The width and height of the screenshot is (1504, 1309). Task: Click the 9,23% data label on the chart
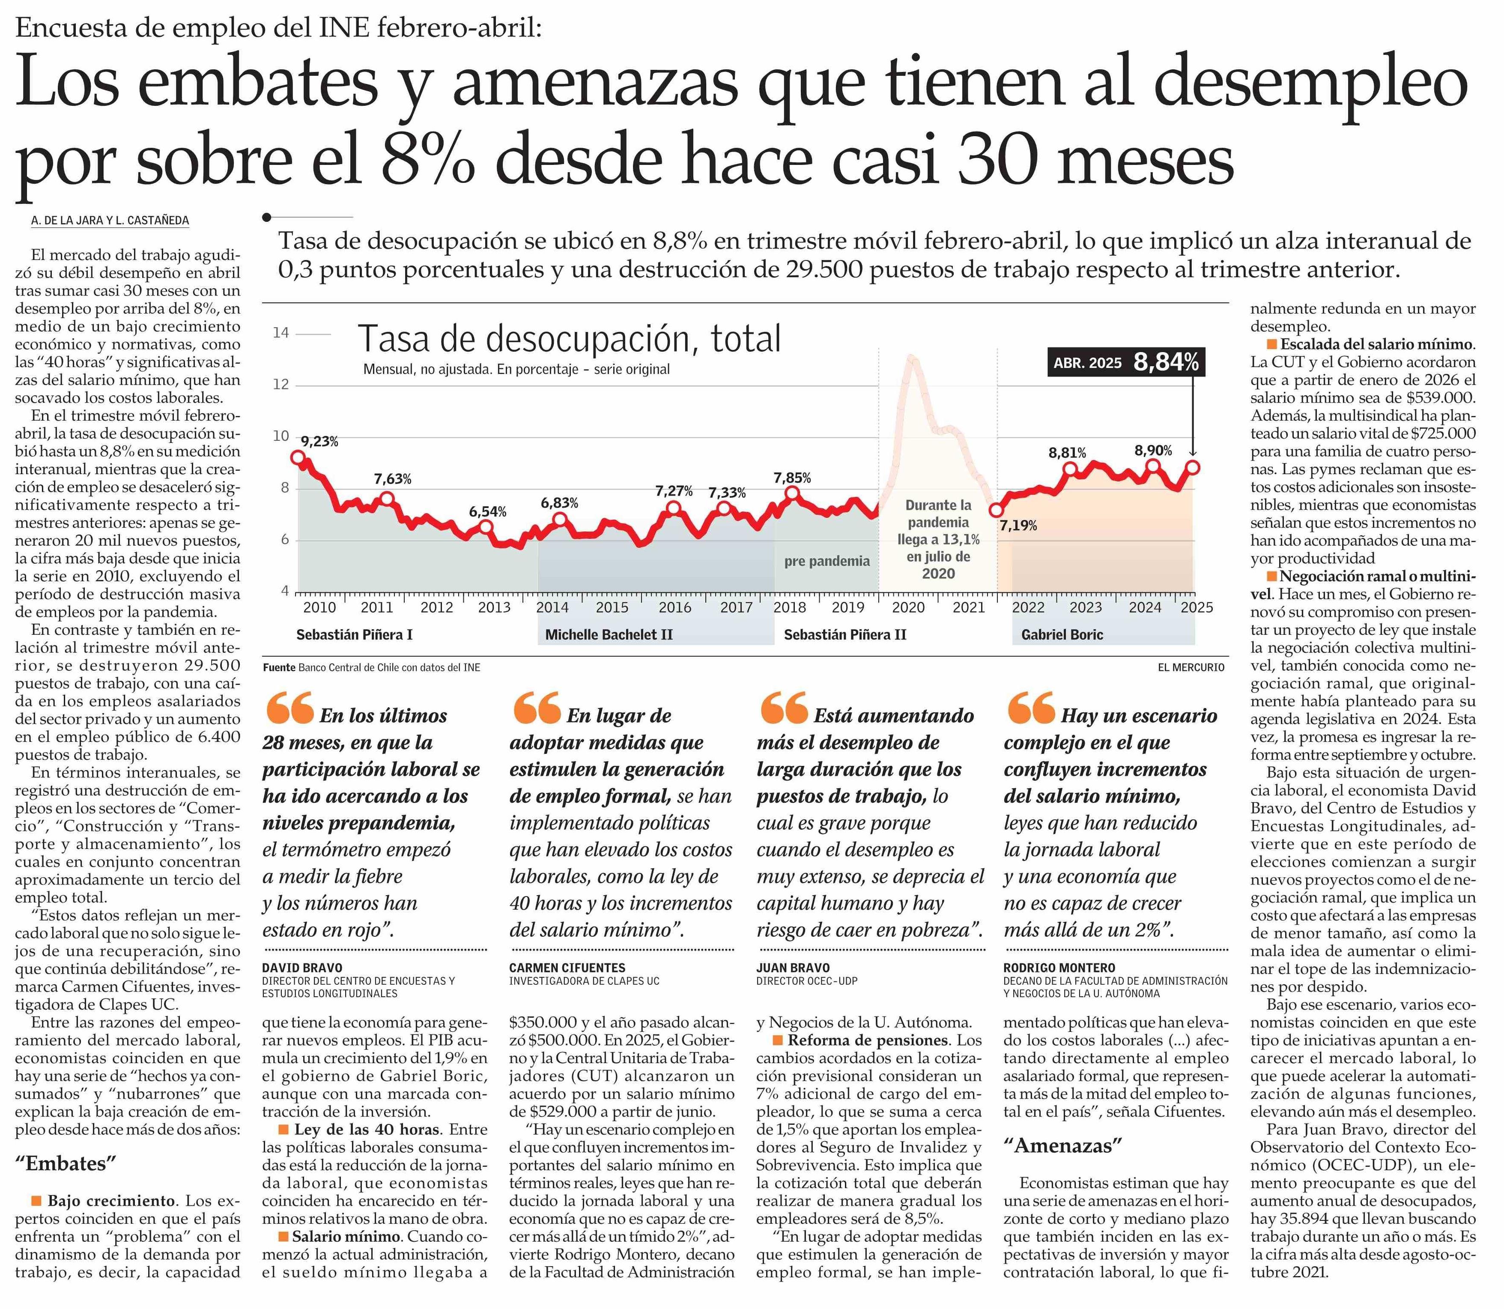(x=319, y=441)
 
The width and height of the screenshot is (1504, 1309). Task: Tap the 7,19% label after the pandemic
(x=1018, y=525)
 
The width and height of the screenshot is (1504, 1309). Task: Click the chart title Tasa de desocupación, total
(x=569, y=339)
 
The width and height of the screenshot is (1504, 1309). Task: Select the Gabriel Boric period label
(x=1062, y=634)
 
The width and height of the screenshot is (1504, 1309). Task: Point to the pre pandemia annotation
(x=827, y=561)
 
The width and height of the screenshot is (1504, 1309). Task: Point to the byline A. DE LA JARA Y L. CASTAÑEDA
(x=110, y=220)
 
